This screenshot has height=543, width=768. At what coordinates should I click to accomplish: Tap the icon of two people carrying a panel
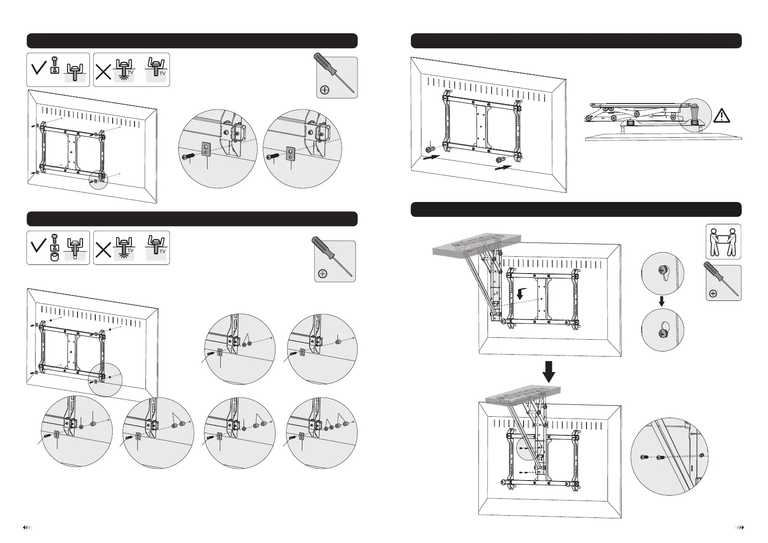(723, 242)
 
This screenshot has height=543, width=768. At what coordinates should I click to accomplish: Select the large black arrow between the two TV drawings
(550, 371)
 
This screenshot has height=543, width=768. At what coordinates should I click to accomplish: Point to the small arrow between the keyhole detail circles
(663, 303)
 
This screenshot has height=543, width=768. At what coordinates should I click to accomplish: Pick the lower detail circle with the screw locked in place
(663, 330)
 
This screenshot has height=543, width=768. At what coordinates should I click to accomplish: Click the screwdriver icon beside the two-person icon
(723, 283)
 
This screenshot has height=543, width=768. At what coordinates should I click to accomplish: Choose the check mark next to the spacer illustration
(40, 248)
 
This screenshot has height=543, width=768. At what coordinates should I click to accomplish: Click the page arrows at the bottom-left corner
(27, 527)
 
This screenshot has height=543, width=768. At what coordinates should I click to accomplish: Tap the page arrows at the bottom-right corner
(740, 527)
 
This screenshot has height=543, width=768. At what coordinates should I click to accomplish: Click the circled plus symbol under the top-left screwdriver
(325, 90)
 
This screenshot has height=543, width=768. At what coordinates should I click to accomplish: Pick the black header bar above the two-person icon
(576, 210)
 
